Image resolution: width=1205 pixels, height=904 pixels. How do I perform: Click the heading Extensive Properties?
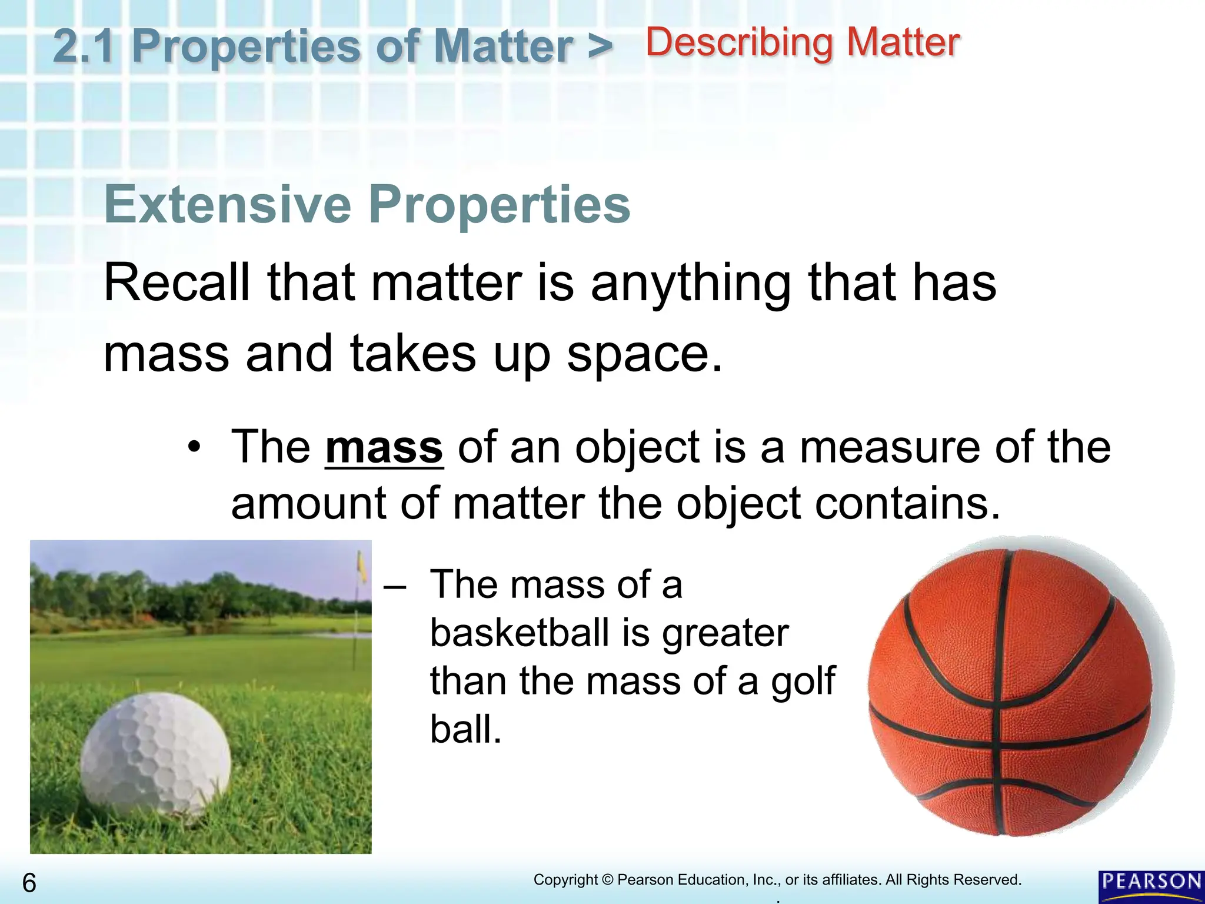click(367, 205)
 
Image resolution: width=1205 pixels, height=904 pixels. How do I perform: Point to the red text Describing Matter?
click(803, 43)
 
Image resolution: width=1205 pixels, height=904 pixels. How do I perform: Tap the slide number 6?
click(29, 883)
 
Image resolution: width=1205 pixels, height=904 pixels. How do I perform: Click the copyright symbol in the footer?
click(607, 880)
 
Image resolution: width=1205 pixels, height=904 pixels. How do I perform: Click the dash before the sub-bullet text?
click(394, 586)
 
